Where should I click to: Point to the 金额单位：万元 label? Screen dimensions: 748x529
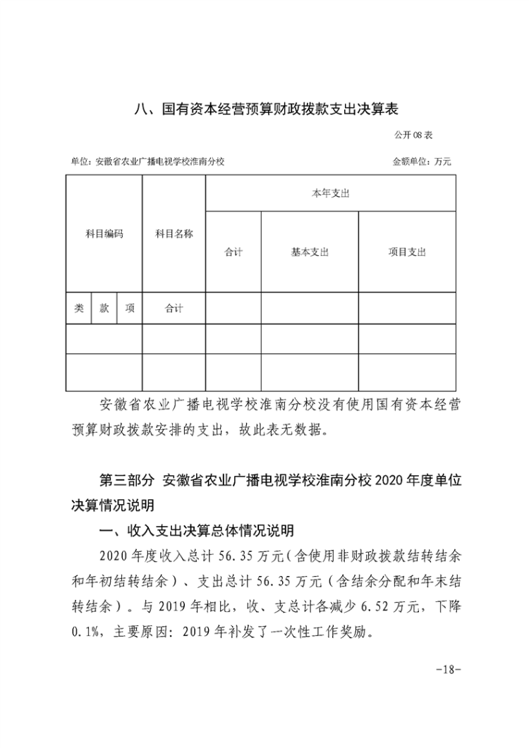pos(422,161)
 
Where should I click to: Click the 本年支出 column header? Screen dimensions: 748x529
pos(330,193)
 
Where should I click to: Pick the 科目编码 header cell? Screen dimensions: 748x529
pos(104,233)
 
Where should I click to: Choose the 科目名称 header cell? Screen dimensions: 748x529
pos(174,233)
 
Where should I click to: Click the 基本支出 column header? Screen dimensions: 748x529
pos(310,252)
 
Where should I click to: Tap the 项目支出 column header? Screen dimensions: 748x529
pos(407,252)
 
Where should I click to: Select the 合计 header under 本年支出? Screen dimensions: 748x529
pos(233,252)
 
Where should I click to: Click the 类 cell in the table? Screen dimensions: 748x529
pos(79,308)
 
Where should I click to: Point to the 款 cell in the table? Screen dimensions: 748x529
pos(104,308)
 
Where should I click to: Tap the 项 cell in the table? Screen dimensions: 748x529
pos(129,308)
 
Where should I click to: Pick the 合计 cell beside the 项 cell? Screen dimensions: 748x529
pos(174,308)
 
